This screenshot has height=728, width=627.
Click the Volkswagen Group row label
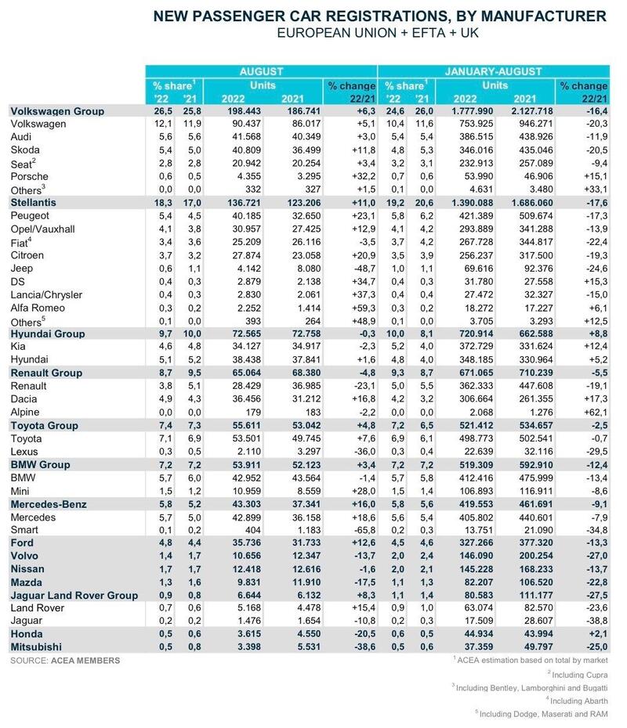coord(57,111)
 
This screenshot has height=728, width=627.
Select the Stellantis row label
coord(33,203)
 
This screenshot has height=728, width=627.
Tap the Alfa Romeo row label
coord(38,308)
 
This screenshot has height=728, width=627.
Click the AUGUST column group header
coord(261,71)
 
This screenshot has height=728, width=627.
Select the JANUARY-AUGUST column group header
coord(493,71)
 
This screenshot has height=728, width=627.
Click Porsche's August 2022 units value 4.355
coord(246,176)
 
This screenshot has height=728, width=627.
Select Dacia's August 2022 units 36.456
coord(246,398)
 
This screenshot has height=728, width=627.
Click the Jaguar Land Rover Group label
coord(74,595)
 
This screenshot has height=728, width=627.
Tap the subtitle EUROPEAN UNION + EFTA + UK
coord(378,33)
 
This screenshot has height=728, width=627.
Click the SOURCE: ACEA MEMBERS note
coord(65,661)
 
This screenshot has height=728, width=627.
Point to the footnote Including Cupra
coord(578,675)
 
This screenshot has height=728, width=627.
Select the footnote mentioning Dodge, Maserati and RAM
coord(542,714)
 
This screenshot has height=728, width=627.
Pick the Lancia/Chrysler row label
coord(46,295)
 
